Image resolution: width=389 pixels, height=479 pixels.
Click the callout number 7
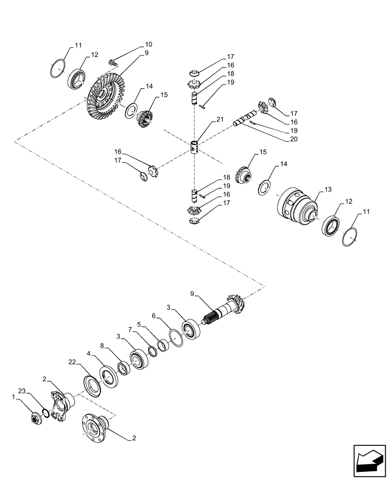click(129, 330)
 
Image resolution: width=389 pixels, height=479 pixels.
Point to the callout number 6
click(154, 317)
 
